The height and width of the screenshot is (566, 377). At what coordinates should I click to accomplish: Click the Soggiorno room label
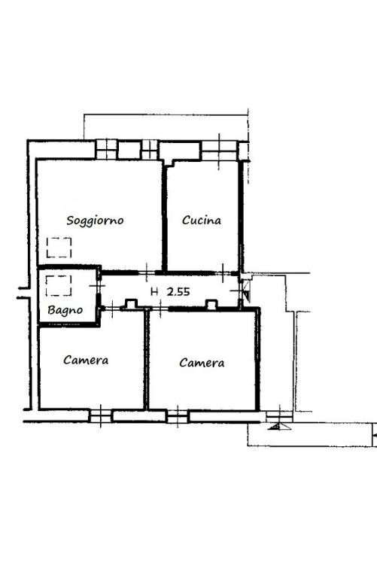pyautogui.click(x=95, y=221)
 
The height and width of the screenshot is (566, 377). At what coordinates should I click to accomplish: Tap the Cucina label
pyautogui.click(x=202, y=220)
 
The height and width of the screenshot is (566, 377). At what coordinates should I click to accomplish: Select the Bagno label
pyautogui.click(x=65, y=310)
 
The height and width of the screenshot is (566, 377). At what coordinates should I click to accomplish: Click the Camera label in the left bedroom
pyautogui.click(x=86, y=360)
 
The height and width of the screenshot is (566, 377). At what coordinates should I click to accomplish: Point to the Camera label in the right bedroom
pyautogui.click(x=202, y=363)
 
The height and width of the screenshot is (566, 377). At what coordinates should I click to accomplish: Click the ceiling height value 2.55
pyautogui.click(x=178, y=292)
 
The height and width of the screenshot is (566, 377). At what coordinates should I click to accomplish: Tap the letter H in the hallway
pyautogui.click(x=154, y=292)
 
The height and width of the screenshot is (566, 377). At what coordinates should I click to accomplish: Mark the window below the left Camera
pyautogui.click(x=100, y=415)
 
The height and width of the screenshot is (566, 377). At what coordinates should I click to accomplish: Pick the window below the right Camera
pyautogui.click(x=178, y=415)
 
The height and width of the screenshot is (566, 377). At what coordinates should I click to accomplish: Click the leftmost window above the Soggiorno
pyautogui.click(x=106, y=150)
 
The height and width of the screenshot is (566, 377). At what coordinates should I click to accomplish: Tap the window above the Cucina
pyautogui.click(x=219, y=151)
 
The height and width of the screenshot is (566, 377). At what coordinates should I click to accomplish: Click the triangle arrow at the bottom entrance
pyautogui.click(x=279, y=427)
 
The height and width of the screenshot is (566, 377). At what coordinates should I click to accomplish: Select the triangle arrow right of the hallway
pyautogui.click(x=246, y=291)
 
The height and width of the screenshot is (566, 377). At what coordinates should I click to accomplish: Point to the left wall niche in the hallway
pyautogui.click(x=131, y=304)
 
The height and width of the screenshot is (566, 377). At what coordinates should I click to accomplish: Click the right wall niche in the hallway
pyautogui.click(x=211, y=305)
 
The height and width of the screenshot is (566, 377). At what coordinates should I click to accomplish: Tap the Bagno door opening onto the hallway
pyautogui.click(x=97, y=286)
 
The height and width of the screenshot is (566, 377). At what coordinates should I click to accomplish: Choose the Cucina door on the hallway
pyautogui.click(x=223, y=273)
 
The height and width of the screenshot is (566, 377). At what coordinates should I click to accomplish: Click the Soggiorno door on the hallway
pyautogui.click(x=147, y=272)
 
